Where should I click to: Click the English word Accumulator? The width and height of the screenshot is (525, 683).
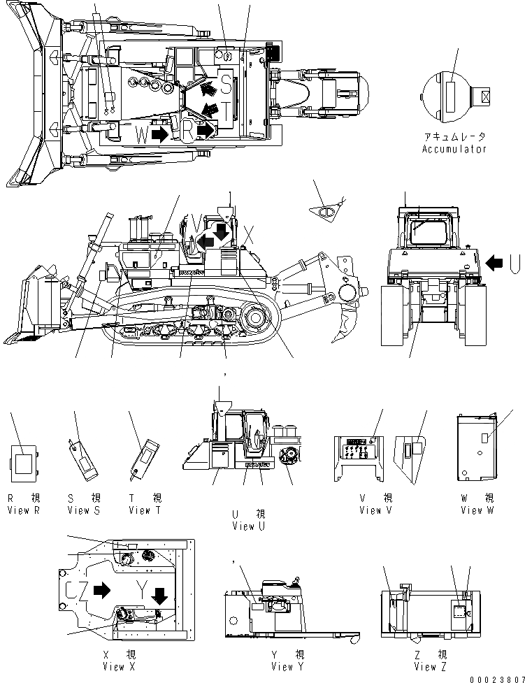pos(454,149)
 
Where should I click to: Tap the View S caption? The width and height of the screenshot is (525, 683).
pos(84,510)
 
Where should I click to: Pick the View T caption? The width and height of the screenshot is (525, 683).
pos(145,510)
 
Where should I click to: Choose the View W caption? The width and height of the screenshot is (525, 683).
pos(477,510)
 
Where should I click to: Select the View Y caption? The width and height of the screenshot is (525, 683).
pos(289,666)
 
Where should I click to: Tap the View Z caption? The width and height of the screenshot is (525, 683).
pos(431,666)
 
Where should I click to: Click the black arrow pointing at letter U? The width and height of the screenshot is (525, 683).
pos(494,263)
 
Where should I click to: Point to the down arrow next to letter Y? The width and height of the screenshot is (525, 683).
pos(160,595)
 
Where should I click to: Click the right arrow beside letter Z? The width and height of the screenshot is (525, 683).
pos(102,590)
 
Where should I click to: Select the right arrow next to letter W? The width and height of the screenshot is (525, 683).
pos(159,134)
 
